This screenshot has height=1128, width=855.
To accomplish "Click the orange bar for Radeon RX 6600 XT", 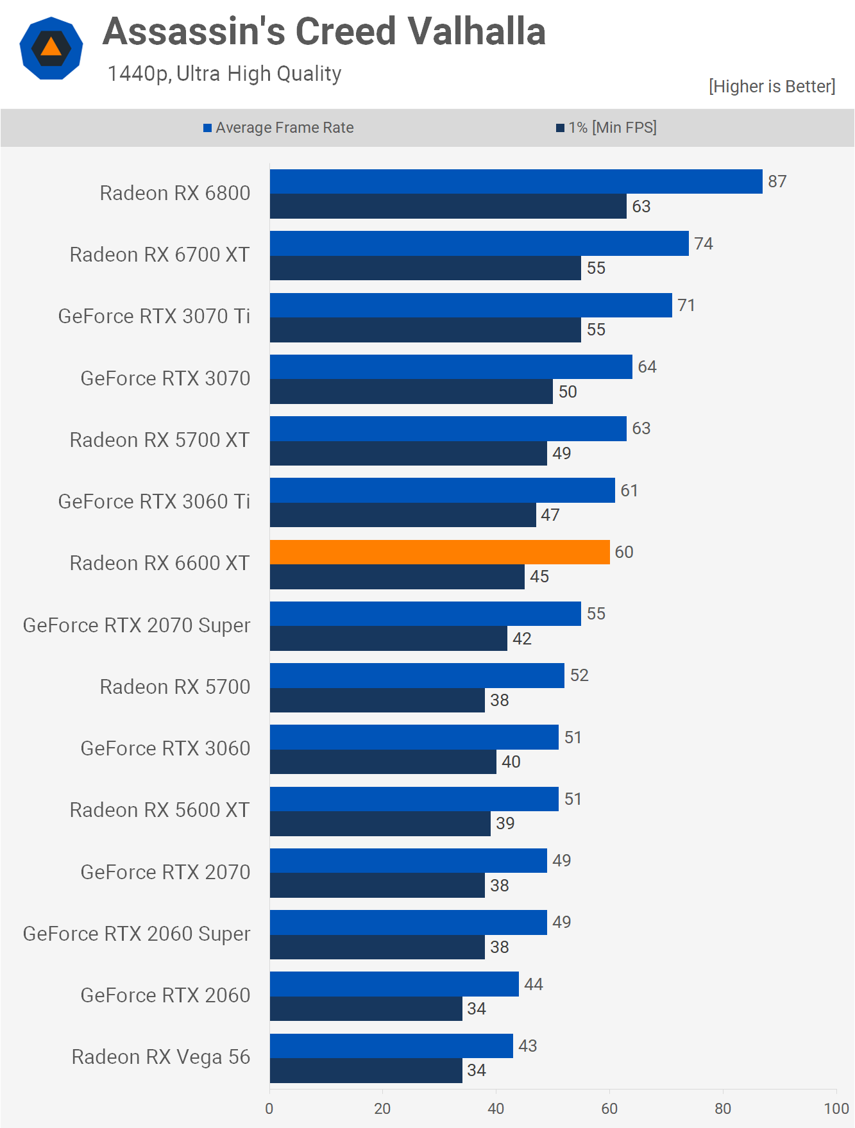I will [x=439, y=552].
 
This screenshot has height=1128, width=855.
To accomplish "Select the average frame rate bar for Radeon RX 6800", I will [x=516, y=181].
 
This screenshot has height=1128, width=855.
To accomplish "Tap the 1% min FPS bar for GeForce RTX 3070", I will [x=411, y=391].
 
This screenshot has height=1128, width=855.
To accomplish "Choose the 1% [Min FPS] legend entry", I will [x=606, y=128].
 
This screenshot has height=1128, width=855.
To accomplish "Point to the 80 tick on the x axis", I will [x=723, y=1108].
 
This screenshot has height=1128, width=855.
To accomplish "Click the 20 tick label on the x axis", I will [x=382, y=1108].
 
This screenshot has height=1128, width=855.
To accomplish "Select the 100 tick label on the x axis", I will [x=836, y=1108].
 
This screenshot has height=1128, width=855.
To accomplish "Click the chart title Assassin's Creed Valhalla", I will [x=324, y=31].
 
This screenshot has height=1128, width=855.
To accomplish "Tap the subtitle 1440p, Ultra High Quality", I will [x=224, y=74].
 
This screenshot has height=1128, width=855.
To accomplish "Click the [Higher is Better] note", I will [x=772, y=87].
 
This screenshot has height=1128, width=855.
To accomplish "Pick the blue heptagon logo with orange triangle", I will [x=51, y=49].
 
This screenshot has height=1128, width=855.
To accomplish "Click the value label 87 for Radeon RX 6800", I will [x=777, y=181].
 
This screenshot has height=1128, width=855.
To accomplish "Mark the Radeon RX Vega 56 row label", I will [x=160, y=1057].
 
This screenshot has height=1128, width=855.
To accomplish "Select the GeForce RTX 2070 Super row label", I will [x=137, y=625].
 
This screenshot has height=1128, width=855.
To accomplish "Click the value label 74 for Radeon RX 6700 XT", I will [x=704, y=244].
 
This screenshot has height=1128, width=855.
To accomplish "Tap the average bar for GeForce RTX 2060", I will [x=394, y=984].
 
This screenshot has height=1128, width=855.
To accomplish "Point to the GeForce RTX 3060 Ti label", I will [x=154, y=501].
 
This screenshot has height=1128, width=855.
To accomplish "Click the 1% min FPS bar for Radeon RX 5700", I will [x=377, y=700].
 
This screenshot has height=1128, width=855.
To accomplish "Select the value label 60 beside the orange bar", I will [x=623, y=552].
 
